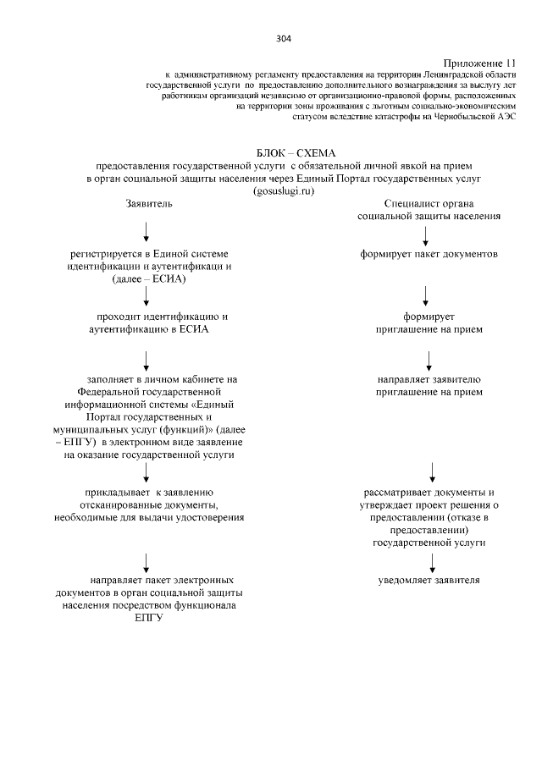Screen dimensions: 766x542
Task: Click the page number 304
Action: pos(283,39)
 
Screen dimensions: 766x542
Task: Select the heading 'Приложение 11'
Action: pos(479,63)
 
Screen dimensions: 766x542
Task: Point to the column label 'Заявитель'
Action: pos(149,204)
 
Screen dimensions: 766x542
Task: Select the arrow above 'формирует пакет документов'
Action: pos(426,231)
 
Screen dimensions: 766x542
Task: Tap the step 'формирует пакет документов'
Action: pos(428,253)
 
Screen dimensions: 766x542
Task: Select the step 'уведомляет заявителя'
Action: pos(429,581)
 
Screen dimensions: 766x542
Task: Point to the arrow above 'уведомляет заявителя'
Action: pos(432,561)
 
